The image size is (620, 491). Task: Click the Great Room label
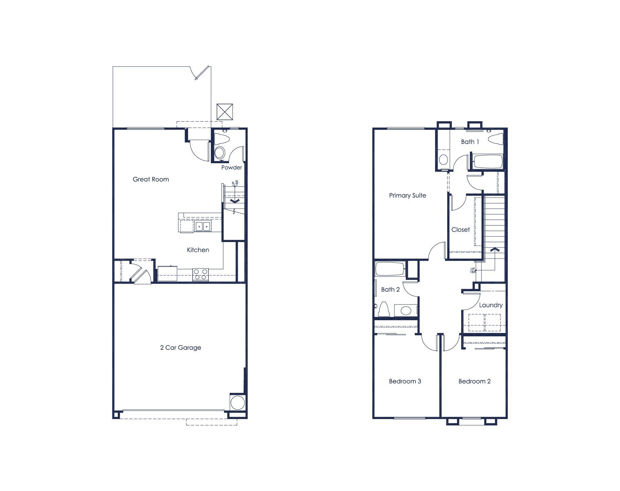click(x=151, y=179)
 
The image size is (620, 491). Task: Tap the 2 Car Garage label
click(x=180, y=347)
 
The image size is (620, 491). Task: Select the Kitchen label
click(x=198, y=250)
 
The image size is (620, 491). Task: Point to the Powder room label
click(x=231, y=168)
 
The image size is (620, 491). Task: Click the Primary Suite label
click(x=407, y=196)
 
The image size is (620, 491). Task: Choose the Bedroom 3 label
click(x=405, y=381)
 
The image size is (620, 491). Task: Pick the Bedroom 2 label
click(x=475, y=381)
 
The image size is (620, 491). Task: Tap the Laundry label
click(x=491, y=305)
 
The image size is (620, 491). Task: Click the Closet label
click(x=461, y=230)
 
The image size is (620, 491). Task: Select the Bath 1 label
click(x=470, y=142)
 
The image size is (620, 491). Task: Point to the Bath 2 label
click(x=391, y=290)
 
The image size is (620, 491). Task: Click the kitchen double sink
click(x=203, y=226)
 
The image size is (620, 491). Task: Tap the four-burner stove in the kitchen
click(x=200, y=274)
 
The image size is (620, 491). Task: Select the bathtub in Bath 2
click(x=390, y=269)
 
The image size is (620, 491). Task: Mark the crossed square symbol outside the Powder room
click(x=225, y=112)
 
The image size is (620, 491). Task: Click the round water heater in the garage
click(x=238, y=402)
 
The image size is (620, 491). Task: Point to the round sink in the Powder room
click(x=220, y=152)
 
